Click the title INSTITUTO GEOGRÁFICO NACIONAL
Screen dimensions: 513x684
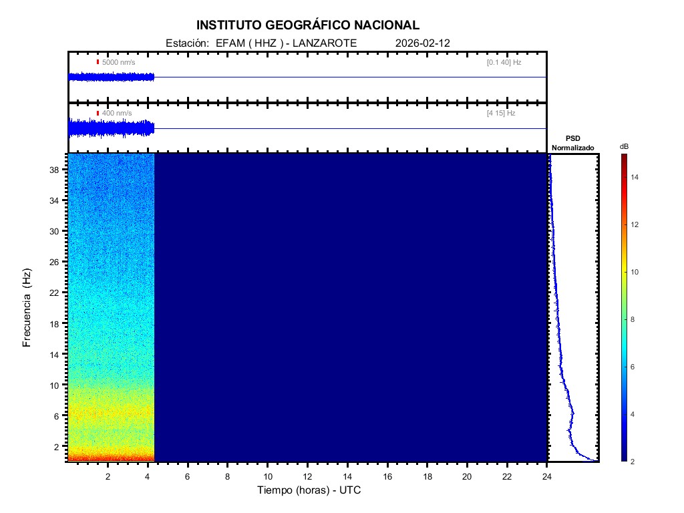308,25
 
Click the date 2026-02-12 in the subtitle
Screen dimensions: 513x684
423,43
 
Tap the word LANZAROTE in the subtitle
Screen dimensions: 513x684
325,43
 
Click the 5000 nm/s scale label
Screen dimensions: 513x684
118,62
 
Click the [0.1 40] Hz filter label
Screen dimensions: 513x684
504,62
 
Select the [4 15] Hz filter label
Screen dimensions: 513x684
501,114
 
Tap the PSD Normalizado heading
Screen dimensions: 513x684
572,143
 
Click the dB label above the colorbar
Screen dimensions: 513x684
623,146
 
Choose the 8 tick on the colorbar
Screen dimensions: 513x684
635,320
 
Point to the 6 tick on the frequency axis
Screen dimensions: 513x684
58,415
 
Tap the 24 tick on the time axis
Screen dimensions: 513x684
547,476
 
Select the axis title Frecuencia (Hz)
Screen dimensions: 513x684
27,307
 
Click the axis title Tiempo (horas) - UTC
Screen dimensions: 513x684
309,490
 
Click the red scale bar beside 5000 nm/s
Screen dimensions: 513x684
98,62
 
